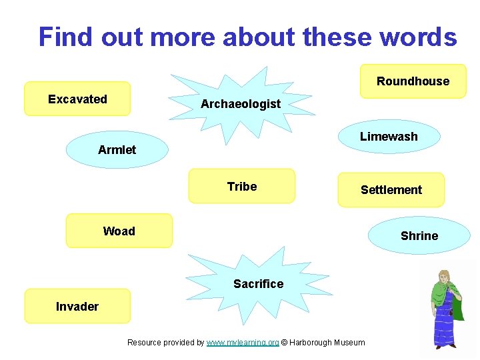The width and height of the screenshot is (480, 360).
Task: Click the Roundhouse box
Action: point(413,81)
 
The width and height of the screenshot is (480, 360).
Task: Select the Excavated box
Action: point(77,99)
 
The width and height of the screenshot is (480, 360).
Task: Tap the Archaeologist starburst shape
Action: point(241,104)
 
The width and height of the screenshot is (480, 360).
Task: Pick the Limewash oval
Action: point(389,137)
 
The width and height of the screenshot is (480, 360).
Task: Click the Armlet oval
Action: point(117,150)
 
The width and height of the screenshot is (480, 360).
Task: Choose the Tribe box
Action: point(241,186)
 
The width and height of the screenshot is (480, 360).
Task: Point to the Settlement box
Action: point(391,190)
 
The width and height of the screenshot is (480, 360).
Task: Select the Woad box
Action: point(119,231)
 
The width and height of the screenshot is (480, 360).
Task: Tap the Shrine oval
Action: point(419,236)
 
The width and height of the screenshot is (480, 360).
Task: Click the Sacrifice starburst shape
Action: point(258,284)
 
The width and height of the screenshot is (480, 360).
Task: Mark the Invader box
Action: point(77,306)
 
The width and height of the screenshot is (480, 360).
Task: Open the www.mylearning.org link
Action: point(243,343)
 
